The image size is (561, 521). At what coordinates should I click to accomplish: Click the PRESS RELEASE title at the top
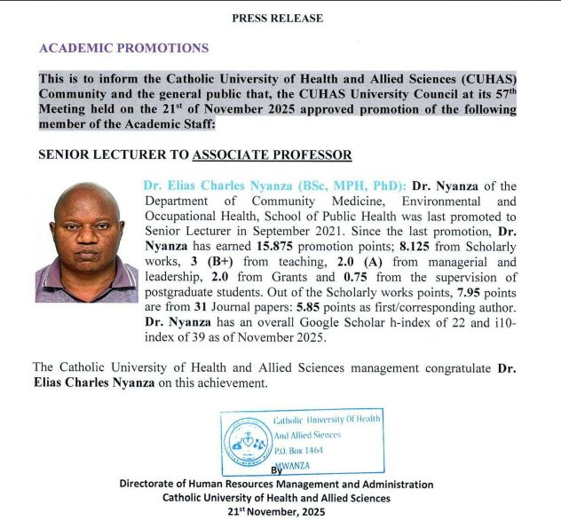point(277,18)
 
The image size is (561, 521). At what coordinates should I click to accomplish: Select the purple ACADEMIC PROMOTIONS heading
point(124,48)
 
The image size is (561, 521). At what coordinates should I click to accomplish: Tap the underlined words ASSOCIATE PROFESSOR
point(273,154)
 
